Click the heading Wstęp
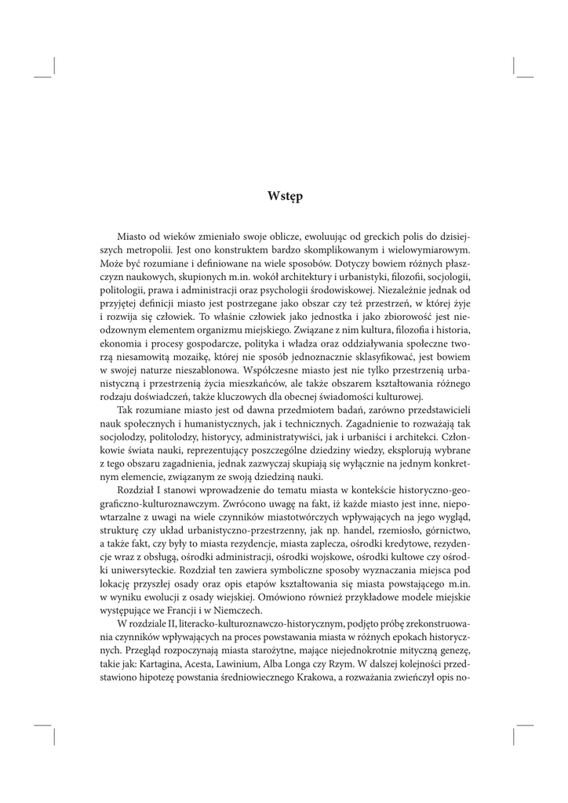click(x=284, y=196)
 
